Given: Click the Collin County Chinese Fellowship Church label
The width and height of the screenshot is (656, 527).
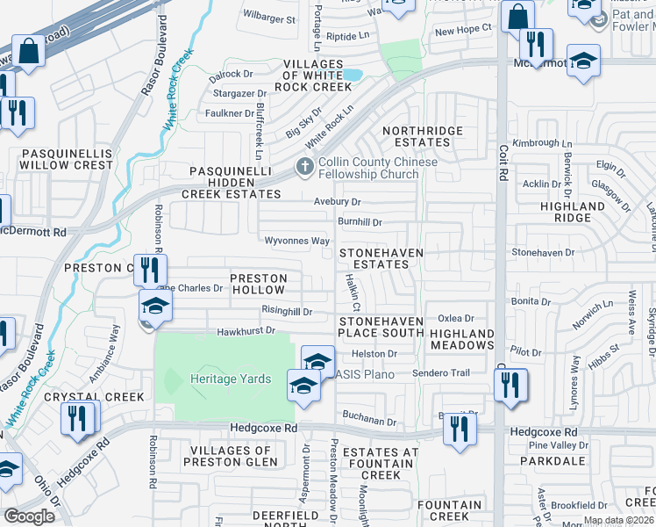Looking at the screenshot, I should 377,168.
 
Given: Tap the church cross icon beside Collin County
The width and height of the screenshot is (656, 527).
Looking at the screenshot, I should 304,165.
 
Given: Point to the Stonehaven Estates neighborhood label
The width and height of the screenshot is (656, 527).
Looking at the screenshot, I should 381,258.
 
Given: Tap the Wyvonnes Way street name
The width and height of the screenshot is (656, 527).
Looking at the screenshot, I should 297,241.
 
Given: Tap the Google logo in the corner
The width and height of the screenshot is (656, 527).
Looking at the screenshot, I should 29,516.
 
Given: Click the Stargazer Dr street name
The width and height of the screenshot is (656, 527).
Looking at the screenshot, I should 238,93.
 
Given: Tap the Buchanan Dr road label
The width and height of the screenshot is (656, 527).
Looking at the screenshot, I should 370,422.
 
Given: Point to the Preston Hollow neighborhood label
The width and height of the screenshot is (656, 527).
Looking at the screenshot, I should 257,284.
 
